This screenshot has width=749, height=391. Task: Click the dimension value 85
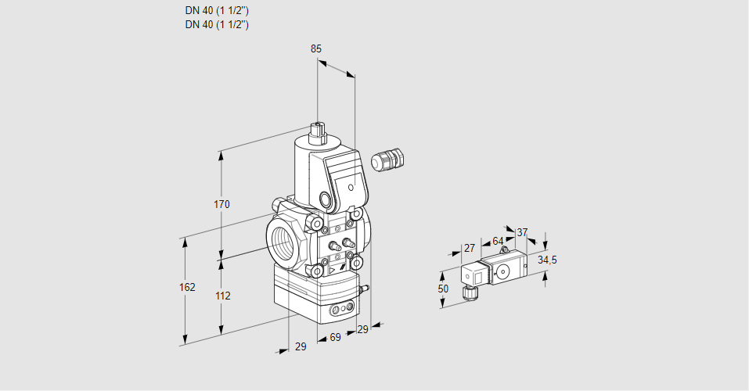coord(315,48)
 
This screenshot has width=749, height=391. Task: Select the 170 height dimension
coord(222,205)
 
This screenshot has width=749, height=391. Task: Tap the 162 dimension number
coord(186,288)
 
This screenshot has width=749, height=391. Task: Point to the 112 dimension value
coord(222,296)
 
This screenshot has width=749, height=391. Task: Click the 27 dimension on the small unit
coord(469,248)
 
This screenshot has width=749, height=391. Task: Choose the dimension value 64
coord(498,241)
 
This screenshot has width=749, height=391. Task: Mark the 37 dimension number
coord(522,232)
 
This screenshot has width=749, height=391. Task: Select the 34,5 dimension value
coord(547,260)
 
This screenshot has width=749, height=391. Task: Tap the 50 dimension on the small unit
coord(443,289)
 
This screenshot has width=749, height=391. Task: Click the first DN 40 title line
coord(217,11)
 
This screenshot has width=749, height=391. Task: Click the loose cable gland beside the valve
coord(386,160)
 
